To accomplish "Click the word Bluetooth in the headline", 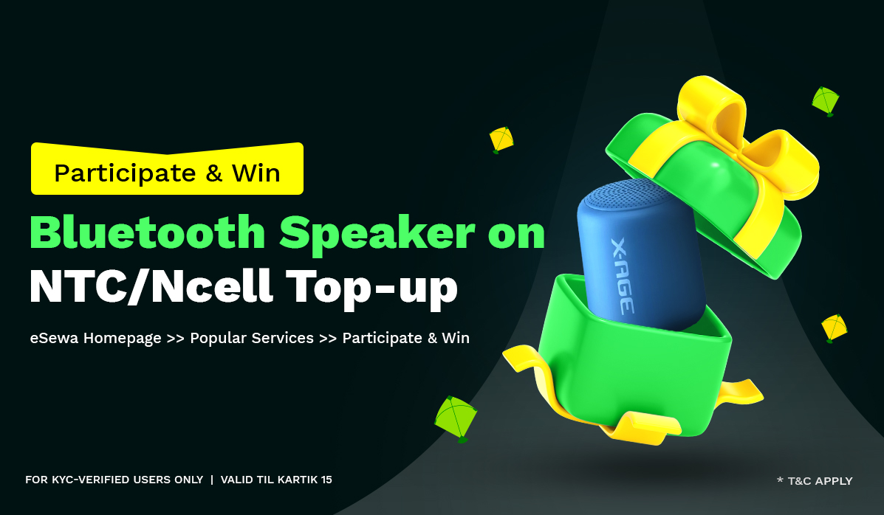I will pyautogui.click(x=147, y=233).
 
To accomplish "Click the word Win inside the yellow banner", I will pyautogui.click(x=256, y=173).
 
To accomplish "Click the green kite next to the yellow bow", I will pyautogui.click(x=826, y=100).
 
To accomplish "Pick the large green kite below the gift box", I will pyautogui.click(x=455, y=418).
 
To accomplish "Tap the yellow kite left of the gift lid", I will pyautogui.click(x=501, y=139).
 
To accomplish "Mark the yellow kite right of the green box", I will pyautogui.click(x=834, y=327).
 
